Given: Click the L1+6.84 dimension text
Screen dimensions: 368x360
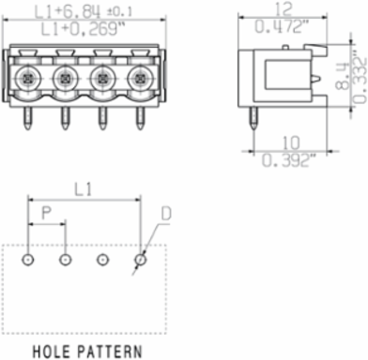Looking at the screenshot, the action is coord(68,11).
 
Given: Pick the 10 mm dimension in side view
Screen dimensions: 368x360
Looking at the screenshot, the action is coord(291,142).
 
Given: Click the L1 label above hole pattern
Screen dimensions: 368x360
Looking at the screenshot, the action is coord(83,189).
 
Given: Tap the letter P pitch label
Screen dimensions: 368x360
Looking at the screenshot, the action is coord(46,214).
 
